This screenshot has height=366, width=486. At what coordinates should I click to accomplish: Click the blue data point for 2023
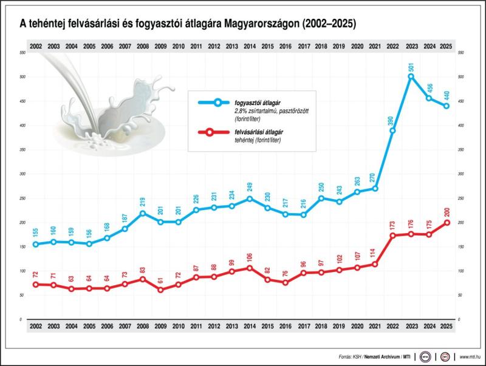pos(411,76)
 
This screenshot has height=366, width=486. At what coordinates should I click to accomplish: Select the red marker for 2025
pos(447,223)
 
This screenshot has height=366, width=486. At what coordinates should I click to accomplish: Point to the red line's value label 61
pos(160,280)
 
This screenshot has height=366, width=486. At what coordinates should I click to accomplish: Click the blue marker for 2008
pos(143,213)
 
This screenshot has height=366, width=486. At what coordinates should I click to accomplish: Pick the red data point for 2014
pos(250,268)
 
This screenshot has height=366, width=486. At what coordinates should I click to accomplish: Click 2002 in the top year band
pos(35,46)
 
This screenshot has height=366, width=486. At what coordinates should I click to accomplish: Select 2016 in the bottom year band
pos(286,326)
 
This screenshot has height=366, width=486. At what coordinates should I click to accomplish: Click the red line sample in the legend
pos(208,132)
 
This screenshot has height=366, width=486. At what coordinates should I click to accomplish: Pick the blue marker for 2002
pos(35,244)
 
